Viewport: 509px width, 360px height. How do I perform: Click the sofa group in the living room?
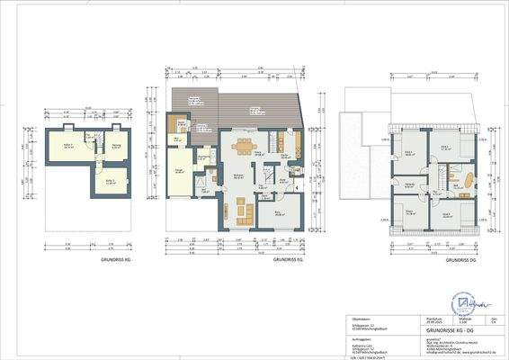coord(243,211)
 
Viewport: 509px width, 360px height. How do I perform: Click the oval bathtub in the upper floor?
coord(467,181)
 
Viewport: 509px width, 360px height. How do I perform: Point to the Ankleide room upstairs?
coord(410,185)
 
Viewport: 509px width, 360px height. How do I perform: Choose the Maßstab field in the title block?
coord(468,319)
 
